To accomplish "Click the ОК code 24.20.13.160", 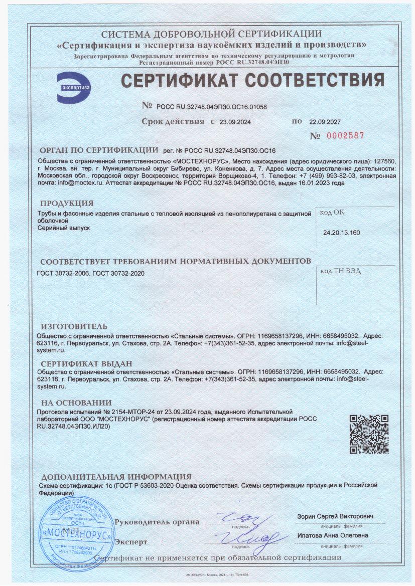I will pyautogui.click(x=341, y=233).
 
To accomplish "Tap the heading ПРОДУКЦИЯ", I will pyautogui.click(x=67, y=203).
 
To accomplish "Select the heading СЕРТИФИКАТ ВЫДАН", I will pyautogui.click(x=86, y=363).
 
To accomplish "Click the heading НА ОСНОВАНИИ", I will pyautogui.click(x=76, y=402).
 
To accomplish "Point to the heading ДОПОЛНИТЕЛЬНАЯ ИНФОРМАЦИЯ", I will pyautogui.click(x=116, y=477).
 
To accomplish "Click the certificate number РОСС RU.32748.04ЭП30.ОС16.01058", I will pyautogui.click(x=211, y=107).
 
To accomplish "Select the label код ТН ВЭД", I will pyautogui.click(x=340, y=271).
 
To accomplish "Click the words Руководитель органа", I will pyautogui.click(x=157, y=522).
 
